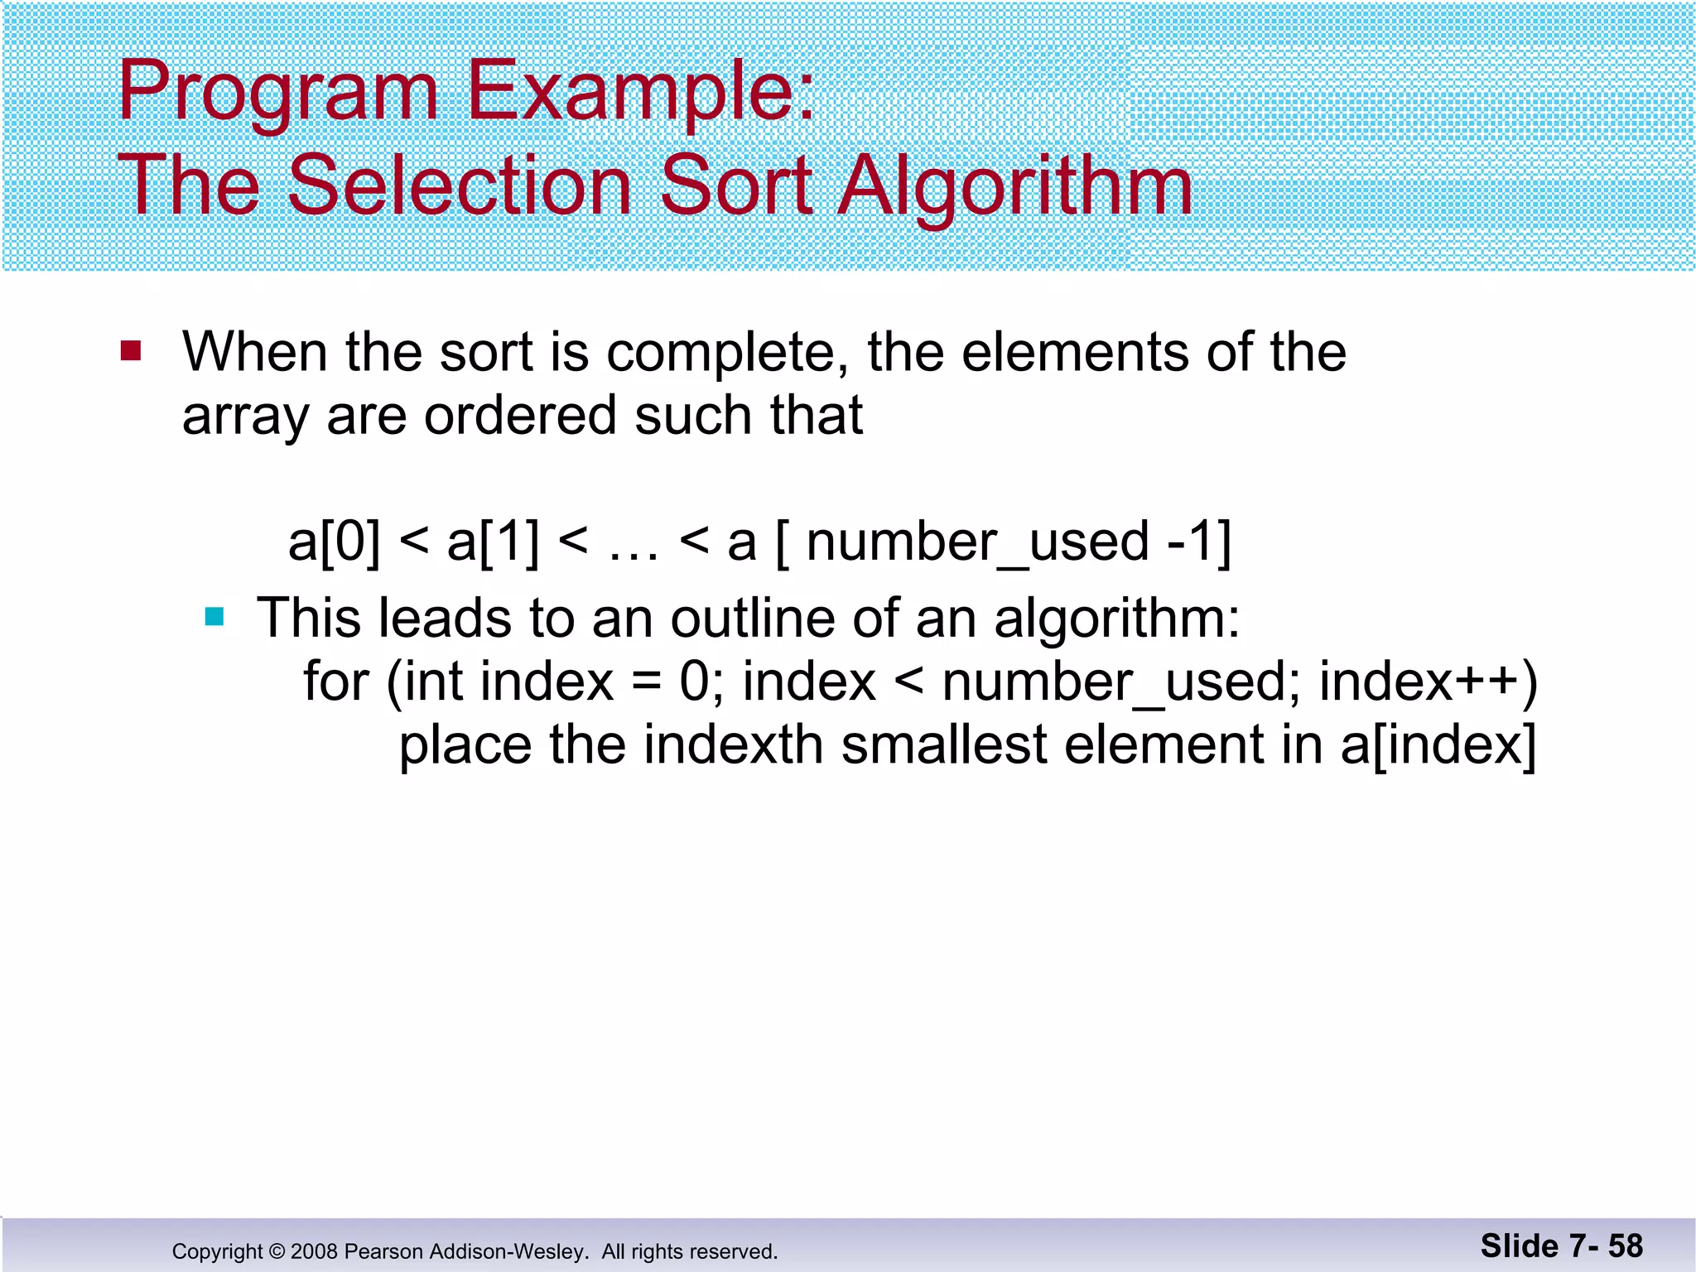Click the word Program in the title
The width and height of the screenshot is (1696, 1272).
pyautogui.click(x=277, y=93)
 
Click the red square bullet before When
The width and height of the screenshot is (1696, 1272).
pyautogui.click(x=131, y=351)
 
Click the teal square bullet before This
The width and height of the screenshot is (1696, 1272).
pyautogui.click(x=214, y=617)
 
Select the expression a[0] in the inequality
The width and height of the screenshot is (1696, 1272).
pyautogui.click(x=335, y=542)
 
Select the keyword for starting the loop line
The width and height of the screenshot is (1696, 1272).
pyautogui.click(x=335, y=682)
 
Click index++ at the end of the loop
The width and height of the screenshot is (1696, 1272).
pyautogui.click(x=1426, y=682)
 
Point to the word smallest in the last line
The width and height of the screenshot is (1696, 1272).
pyautogui.click(x=944, y=744)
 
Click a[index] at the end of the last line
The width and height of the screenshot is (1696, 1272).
pyautogui.click(x=1438, y=746)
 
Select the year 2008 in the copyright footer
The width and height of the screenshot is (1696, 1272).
pyautogui.click(x=313, y=1251)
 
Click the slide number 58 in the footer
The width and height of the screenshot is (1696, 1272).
pyautogui.click(x=1625, y=1246)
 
